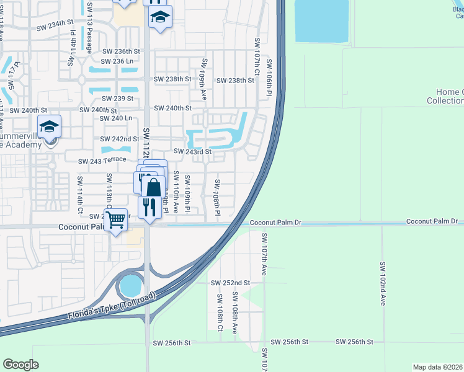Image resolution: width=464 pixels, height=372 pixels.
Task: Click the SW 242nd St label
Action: point(120,139)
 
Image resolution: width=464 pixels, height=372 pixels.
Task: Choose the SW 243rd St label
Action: point(193,151)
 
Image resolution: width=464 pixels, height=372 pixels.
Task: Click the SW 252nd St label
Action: point(230,282)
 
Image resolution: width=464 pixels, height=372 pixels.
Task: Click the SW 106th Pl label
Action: point(269,77)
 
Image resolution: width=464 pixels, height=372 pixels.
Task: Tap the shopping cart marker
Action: point(116,219)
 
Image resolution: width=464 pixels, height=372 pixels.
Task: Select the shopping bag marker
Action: point(153,186)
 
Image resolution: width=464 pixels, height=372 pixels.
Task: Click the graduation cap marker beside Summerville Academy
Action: point(49,127)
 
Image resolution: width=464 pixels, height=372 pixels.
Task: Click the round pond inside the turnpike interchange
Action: point(131,286)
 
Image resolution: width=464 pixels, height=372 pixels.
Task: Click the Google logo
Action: point(20,364)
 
